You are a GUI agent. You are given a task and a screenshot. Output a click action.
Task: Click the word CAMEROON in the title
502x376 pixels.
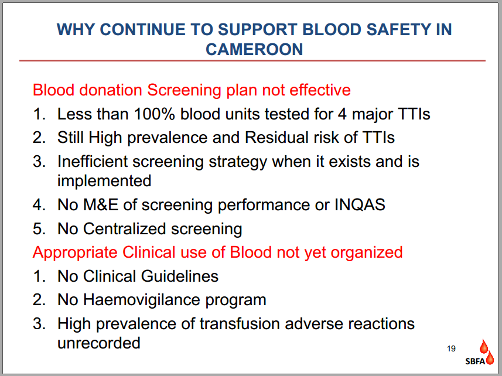[254, 49]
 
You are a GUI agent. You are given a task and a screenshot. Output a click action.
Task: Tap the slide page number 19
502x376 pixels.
[452, 348]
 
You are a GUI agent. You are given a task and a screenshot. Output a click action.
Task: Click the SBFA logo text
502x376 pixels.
[475, 361]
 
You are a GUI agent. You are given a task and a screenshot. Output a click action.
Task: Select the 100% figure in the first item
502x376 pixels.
[154, 114]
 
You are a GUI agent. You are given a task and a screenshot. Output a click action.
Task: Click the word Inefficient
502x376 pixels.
[93, 161]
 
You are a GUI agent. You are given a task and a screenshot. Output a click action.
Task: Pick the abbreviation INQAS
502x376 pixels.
[360, 205]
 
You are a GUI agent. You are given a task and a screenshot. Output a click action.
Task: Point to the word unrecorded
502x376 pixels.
[99, 343]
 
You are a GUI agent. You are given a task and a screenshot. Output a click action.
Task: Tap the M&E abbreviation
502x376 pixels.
[101, 205]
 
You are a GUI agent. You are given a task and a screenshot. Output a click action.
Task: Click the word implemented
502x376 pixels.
[104, 181]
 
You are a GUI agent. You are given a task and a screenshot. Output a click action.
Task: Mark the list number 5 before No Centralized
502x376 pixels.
[39, 229]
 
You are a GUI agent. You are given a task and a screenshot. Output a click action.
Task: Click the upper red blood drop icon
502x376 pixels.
[483, 346]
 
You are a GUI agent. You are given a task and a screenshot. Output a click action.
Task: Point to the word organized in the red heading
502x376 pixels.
[367, 252]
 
